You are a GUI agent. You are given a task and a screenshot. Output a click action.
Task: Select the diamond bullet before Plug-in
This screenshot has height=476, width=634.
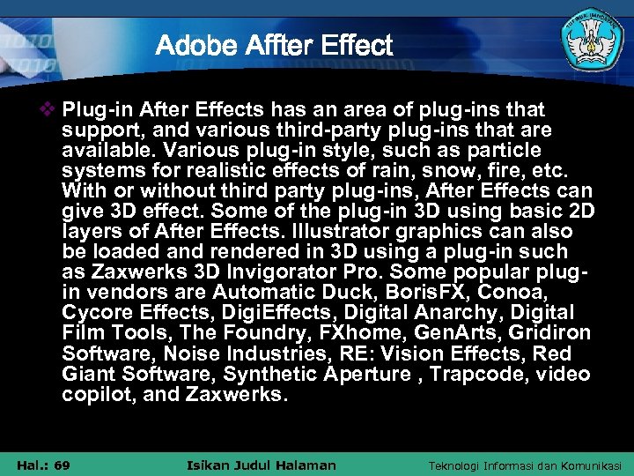tap(48, 110)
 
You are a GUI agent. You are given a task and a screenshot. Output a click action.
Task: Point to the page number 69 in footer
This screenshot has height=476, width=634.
tap(61, 465)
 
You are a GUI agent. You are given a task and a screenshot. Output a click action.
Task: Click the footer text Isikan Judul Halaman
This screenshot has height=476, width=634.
tap(262, 465)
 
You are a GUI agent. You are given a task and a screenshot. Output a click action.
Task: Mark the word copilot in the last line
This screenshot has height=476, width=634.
tap(96, 395)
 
